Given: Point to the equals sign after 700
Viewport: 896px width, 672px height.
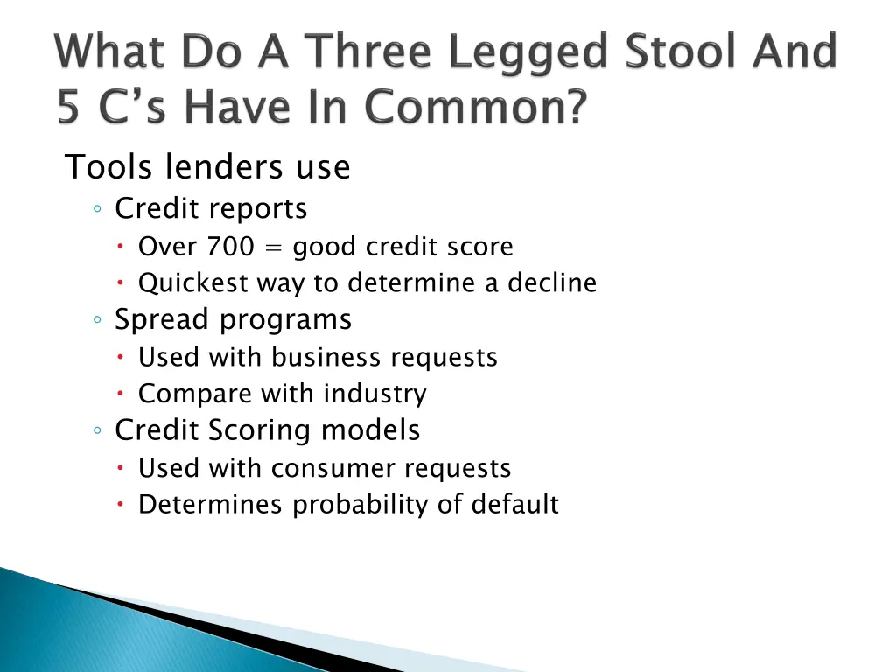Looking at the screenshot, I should click(274, 248).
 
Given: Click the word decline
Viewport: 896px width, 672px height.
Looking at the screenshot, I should click(552, 283).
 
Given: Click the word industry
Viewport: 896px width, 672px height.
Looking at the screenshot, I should click(374, 395).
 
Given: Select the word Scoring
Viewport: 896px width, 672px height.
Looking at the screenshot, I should click(270, 430).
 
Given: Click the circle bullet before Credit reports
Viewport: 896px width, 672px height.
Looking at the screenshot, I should click(99, 209).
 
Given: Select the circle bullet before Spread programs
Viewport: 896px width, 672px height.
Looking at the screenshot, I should click(99, 320).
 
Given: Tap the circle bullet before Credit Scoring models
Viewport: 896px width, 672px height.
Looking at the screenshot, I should click(99, 430).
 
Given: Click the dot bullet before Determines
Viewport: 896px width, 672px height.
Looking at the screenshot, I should click(122, 505).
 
